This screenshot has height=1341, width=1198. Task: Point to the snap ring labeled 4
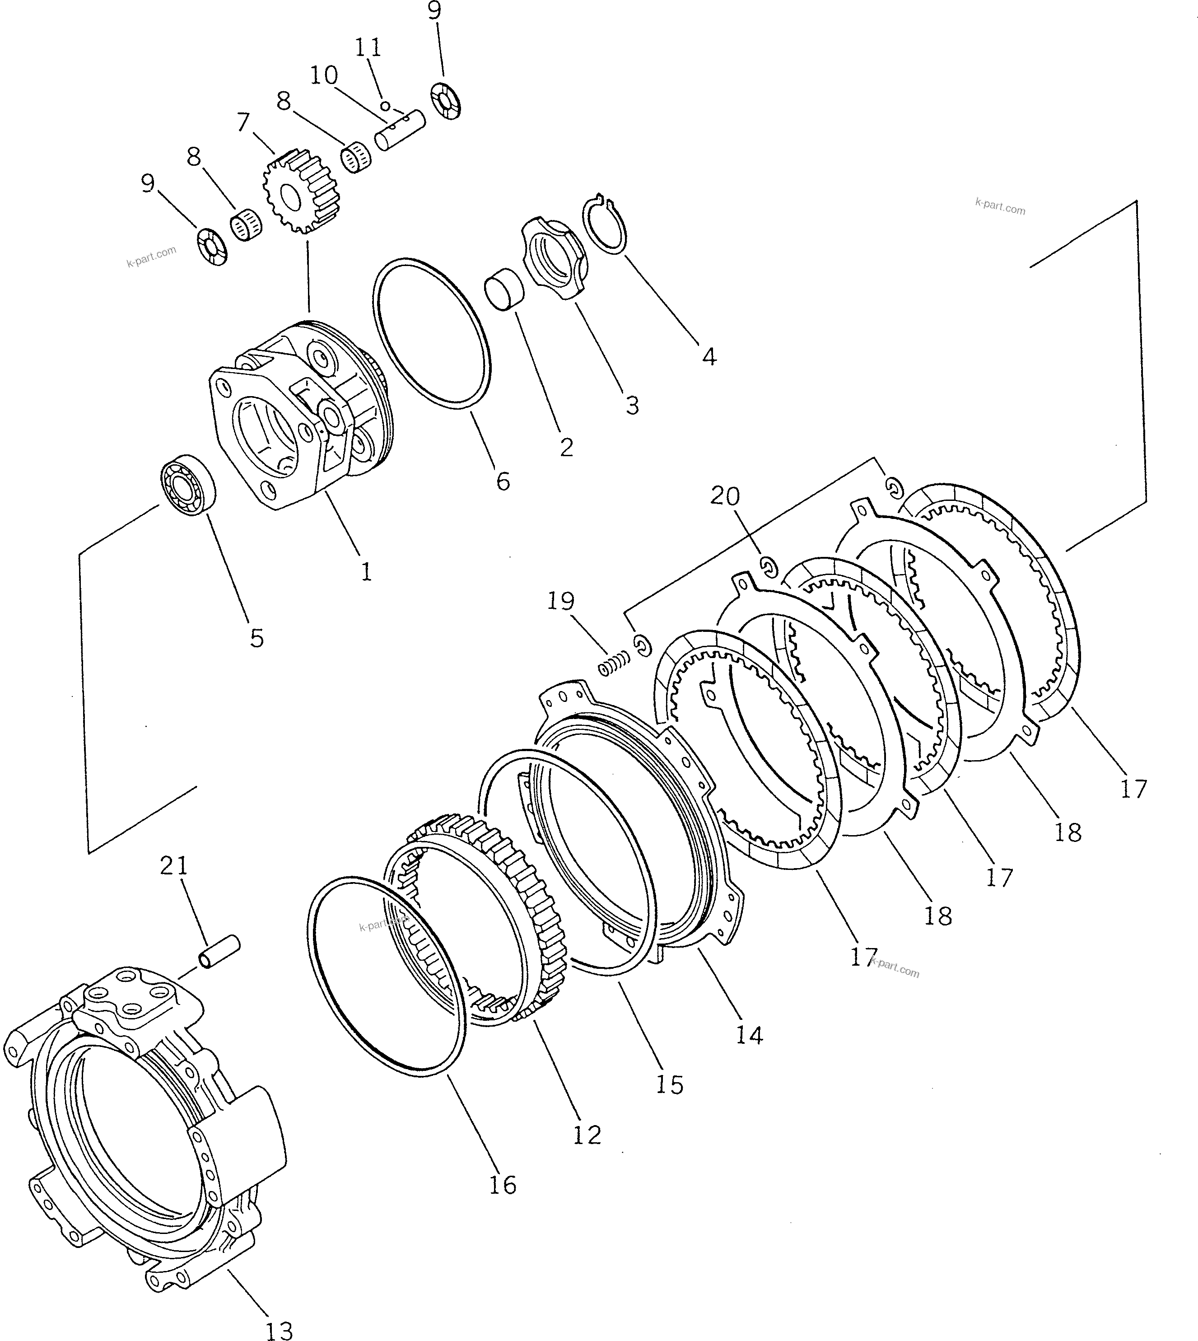point(606,224)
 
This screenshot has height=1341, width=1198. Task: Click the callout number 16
point(503,1185)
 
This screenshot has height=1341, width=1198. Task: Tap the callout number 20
point(725,496)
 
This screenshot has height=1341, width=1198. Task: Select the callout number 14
point(750,1036)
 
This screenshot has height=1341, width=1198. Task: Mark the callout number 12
point(587,1135)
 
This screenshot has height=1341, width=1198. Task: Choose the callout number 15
point(669,1084)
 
